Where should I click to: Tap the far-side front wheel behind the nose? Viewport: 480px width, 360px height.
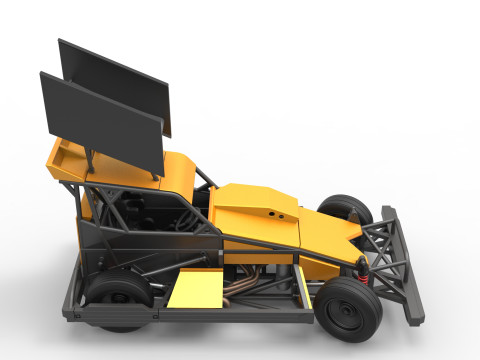tap(345, 209)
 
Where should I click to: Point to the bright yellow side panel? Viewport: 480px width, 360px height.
tap(196, 290)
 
